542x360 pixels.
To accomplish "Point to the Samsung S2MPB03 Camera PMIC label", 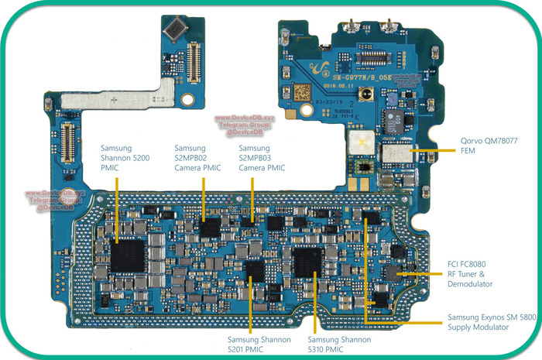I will coord(262,158).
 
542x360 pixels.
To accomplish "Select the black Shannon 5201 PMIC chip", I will coord(254,272).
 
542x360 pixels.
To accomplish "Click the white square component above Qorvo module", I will coord(358,141).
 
